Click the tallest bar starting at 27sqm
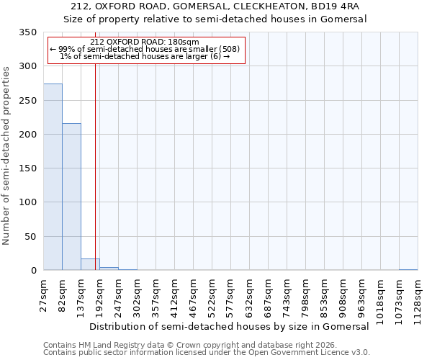click(53, 177)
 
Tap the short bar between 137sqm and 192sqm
click(90, 264)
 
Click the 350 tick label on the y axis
click(27, 32)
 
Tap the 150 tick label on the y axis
click(27, 168)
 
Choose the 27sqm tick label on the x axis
click(44, 294)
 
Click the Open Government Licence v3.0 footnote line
click(206, 353)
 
